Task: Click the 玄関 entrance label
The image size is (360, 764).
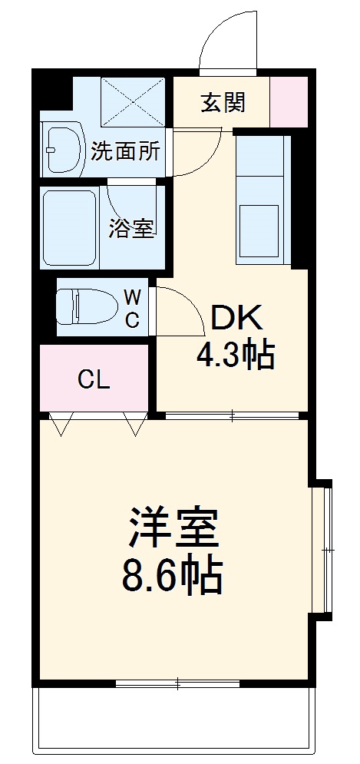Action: click(223, 102)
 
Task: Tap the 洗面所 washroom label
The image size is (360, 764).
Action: click(125, 150)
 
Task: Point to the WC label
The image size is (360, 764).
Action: click(132, 309)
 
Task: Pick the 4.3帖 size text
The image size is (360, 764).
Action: click(236, 355)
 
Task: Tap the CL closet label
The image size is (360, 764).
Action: click(94, 379)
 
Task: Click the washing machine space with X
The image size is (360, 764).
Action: click(133, 101)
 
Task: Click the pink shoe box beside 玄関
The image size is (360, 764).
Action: click(289, 102)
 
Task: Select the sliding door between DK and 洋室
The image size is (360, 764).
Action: click(232, 416)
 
